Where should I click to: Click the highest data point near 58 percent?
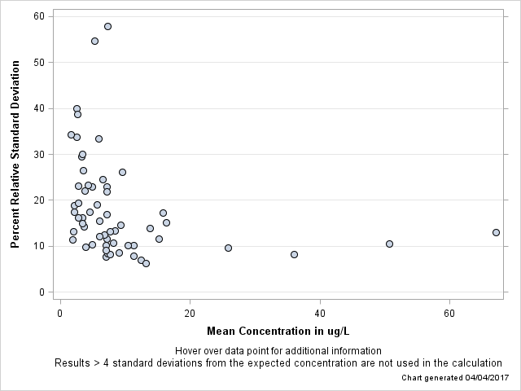[107, 26]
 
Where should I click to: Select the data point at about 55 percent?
[94, 41]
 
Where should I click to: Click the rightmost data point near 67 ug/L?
[496, 232]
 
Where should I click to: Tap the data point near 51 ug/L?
[389, 244]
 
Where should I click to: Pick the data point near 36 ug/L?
[294, 254]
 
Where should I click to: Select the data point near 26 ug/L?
[228, 248]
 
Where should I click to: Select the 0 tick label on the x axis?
[60, 313]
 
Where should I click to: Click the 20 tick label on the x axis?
[190, 313]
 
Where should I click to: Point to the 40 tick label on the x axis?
[320, 313]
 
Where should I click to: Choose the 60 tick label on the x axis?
[449, 313]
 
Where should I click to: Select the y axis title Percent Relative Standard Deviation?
[15, 155]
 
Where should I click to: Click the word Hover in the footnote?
[190, 350]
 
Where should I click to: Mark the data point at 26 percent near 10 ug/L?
[122, 172]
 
